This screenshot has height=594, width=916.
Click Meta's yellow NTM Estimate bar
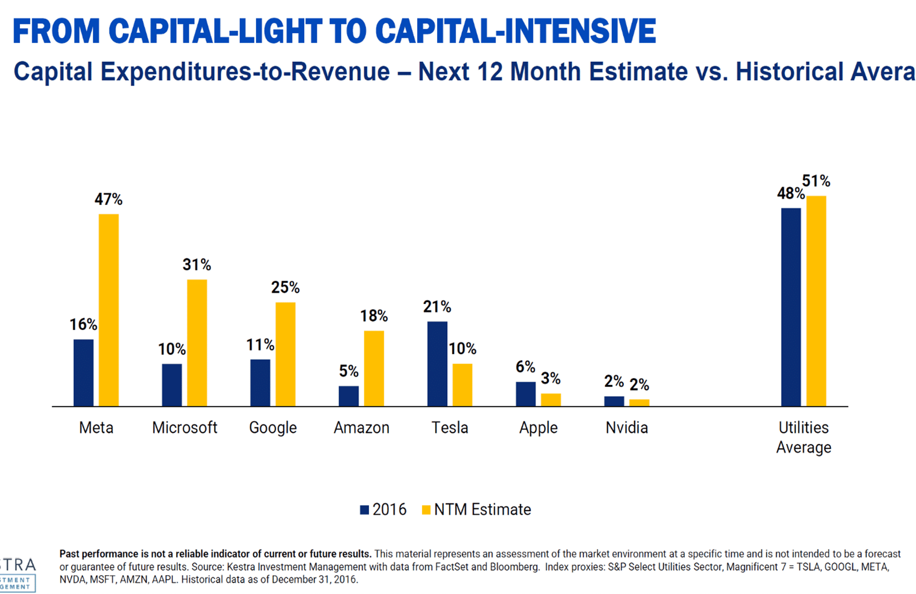click(108, 310)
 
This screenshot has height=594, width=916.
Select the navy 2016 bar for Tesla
click(437, 364)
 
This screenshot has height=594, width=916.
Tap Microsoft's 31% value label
click(197, 264)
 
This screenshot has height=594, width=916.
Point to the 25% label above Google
click(285, 287)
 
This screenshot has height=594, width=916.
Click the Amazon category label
click(361, 428)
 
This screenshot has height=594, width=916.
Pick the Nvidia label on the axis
click(627, 428)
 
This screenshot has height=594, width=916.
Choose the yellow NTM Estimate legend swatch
click(426, 510)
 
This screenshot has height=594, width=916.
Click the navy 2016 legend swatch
click(364, 510)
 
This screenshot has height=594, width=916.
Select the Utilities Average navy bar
click(791, 307)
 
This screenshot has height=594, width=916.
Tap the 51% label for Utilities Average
click(816, 181)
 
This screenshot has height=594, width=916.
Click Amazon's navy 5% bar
click(349, 396)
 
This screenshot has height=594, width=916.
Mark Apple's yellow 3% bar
click(550, 400)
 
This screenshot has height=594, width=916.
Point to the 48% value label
click(790, 193)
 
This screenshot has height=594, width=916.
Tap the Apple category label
click(538, 428)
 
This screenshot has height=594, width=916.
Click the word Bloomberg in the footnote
click(517, 567)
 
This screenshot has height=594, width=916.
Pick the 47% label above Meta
click(108, 199)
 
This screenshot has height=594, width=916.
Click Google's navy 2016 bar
click(260, 383)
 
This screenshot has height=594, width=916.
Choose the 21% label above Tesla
click(437, 307)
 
